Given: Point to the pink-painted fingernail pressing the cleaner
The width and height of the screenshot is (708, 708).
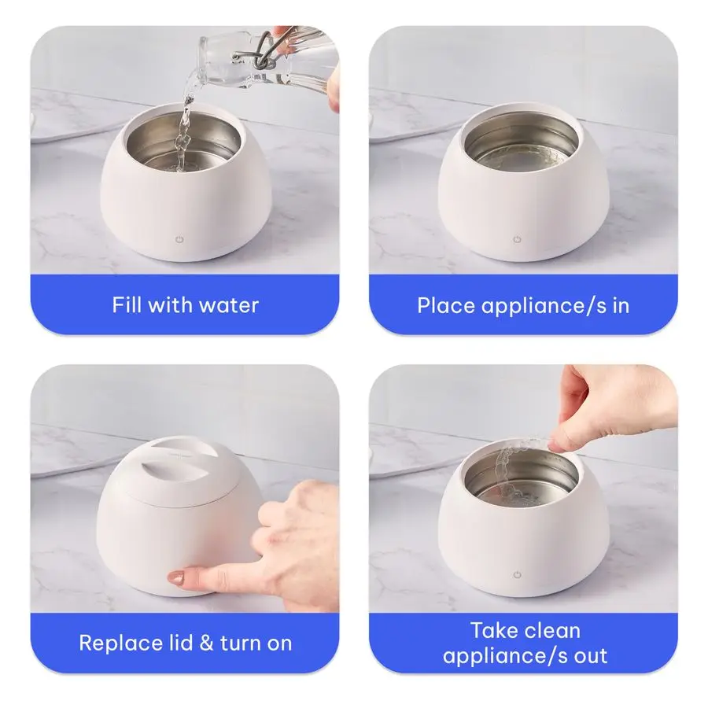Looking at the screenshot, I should pos(179,578).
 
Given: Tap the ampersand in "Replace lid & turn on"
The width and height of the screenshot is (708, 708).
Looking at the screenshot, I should pos(207,643).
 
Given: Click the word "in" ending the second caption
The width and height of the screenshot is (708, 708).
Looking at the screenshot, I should pos(621,305).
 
